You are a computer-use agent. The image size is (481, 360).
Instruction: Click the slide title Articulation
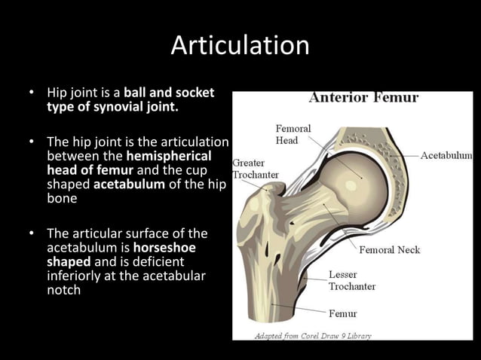click(x=240, y=45)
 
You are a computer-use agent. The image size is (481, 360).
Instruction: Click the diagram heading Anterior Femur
click(x=363, y=97)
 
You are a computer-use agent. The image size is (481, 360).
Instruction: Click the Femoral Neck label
click(x=389, y=249)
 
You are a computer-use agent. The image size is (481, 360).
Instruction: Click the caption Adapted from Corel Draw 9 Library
click(x=312, y=335)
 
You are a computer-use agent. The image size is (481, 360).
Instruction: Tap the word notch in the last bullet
click(x=63, y=289)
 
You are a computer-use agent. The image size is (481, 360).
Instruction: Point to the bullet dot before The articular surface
click(x=31, y=233)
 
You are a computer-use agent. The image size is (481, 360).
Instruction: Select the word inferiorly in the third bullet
click(x=73, y=276)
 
